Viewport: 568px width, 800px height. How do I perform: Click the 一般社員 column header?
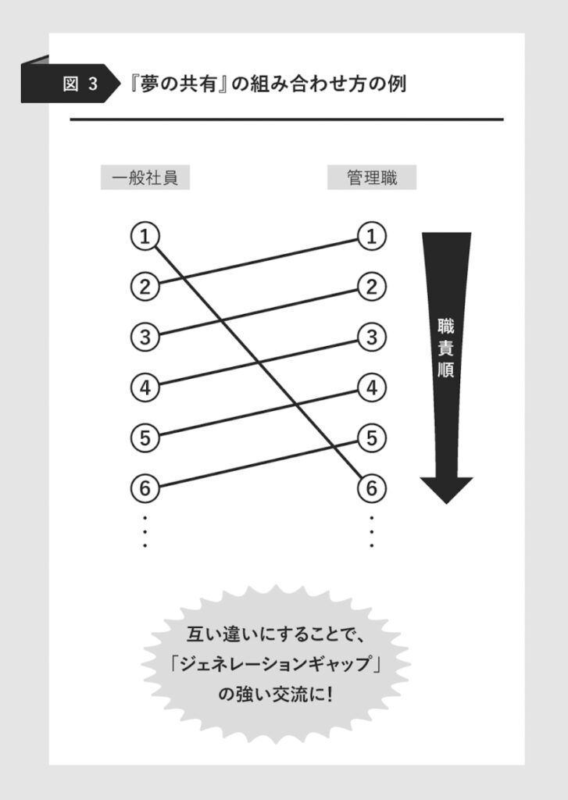point(145,177)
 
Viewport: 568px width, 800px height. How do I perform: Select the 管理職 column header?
point(372,177)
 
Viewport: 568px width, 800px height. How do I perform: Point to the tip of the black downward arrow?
point(447,504)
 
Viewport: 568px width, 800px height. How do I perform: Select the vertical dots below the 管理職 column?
point(372,531)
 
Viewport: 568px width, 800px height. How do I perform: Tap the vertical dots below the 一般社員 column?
point(145,531)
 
